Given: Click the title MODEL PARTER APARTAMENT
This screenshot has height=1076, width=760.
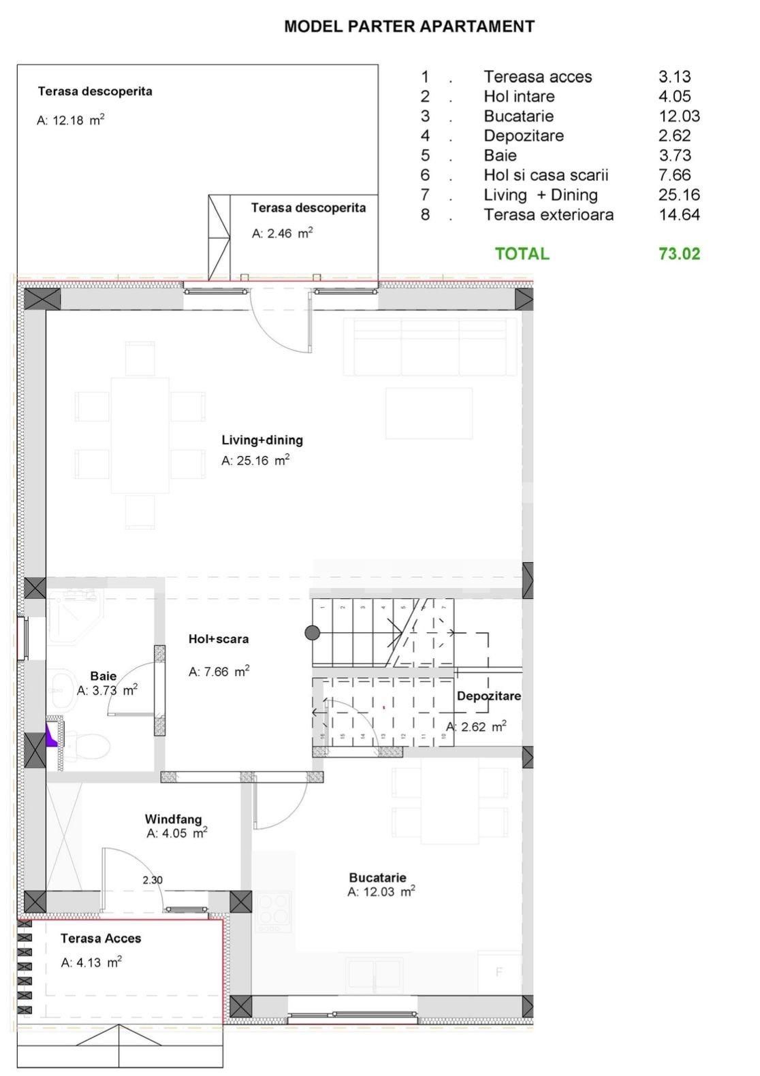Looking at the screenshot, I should point(409,27).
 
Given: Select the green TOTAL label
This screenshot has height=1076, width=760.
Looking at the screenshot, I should point(522,254).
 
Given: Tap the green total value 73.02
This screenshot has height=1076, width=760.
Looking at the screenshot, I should point(679,254).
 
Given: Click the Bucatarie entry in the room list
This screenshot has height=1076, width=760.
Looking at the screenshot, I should point(518,116).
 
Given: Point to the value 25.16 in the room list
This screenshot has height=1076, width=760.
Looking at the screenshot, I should point(679,195).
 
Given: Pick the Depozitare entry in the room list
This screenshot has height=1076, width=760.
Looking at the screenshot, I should point(524,135).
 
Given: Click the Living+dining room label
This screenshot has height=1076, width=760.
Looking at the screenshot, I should point(262,440).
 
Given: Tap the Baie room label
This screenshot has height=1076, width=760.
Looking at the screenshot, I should point(104,676).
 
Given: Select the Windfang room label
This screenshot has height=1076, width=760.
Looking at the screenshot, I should point(173,819).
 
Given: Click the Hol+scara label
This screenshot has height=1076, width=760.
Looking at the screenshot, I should point(218,639).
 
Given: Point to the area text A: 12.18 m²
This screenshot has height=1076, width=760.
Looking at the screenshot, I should point(70,120).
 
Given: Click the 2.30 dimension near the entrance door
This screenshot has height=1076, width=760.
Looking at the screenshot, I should point(153,880).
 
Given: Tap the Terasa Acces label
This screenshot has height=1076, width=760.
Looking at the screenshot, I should point(101,939).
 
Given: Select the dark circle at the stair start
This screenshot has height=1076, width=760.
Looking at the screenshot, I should point(312,633).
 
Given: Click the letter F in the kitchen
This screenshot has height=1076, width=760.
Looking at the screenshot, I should point(498,972).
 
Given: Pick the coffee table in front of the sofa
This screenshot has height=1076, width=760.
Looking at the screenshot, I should point(429,413).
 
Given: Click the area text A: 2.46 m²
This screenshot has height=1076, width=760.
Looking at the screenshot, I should point(282,233).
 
